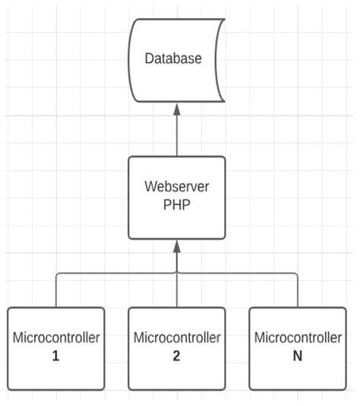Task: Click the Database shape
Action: [x=176, y=83]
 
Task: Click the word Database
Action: [x=175, y=58]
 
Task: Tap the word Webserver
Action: [x=176, y=187]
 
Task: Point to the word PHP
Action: [x=176, y=204]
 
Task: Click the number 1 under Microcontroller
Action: [x=55, y=355]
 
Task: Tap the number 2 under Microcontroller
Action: [x=176, y=355]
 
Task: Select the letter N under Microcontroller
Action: [x=297, y=355]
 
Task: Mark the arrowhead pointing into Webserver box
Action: [x=176, y=244]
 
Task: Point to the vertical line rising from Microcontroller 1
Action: [x=55, y=291]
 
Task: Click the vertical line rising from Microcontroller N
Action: [x=297, y=291]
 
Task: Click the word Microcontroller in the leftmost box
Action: [x=55, y=338]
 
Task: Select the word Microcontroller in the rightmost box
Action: [x=297, y=338]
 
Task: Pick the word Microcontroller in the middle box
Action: [x=176, y=338]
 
